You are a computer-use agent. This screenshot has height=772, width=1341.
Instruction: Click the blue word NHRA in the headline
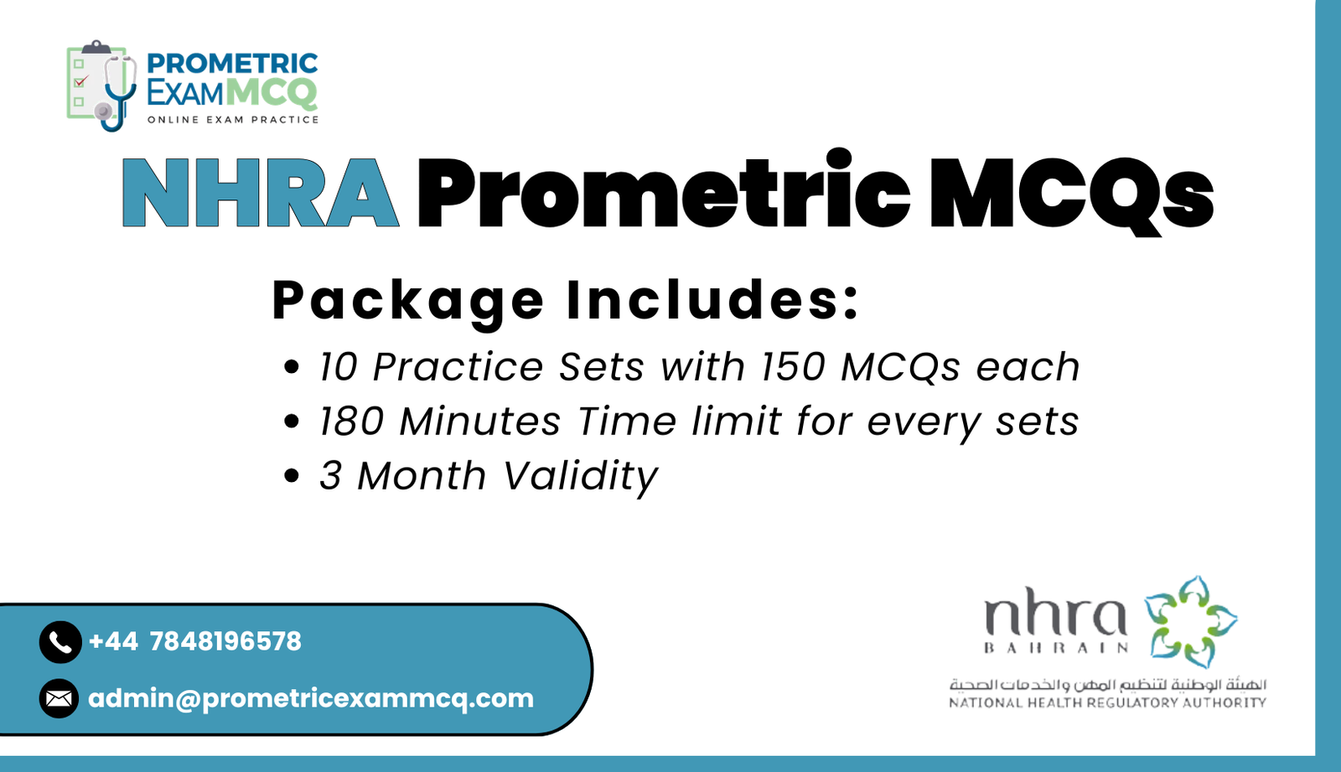click(x=260, y=193)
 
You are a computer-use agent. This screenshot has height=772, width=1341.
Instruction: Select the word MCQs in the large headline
click(x=1071, y=193)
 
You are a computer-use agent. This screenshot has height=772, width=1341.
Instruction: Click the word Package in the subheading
click(x=408, y=300)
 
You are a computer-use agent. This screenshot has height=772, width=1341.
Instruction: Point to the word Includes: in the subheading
click(x=712, y=300)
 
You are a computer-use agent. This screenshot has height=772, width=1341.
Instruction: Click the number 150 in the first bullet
click(x=792, y=367)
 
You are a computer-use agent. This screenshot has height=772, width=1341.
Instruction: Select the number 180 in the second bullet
click(x=351, y=422)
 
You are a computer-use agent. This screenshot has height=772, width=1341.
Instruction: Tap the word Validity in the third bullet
click(x=580, y=476)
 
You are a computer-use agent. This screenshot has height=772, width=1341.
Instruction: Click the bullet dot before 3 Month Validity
click(x=292, y=476)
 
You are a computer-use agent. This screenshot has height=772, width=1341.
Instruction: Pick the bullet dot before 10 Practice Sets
click(x=292, y=367)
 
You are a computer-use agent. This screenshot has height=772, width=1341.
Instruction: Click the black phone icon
click(x=60, y=642)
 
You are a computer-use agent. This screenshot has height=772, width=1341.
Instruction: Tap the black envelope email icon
click(x=59, y=698)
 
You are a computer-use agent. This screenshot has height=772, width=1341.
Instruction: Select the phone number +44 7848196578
click(x=194, y=641)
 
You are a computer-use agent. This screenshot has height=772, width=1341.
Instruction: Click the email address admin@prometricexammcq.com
click(x=310, y=698)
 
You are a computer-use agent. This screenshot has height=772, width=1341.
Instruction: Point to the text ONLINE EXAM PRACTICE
click(x=233, y=120)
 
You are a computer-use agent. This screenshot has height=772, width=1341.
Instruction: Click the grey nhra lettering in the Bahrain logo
click(x=1054, y=616)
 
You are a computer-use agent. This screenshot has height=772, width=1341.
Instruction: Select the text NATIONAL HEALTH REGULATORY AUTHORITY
click(x=1107, y=702)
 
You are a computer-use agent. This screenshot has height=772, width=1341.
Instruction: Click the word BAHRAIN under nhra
click(x=1055, y=648)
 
